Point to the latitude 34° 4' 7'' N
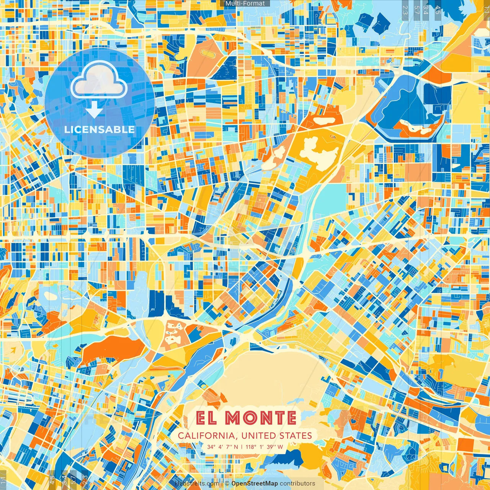coord(222,447)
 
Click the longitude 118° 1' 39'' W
coord(264,447)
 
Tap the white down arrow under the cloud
coord(94,110)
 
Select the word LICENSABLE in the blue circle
coord(100,129)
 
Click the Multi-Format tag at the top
coord(245,3)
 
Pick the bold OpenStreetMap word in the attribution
coord(255,483)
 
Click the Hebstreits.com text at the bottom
coord(197,483)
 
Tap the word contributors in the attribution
coord(297,483)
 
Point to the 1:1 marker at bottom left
coord(3,479)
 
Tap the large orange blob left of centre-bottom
coord(111,349)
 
